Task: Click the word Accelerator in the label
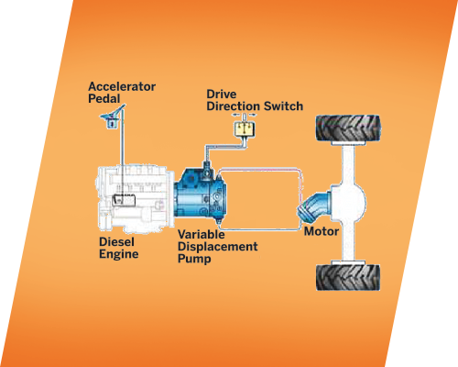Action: [x=122, y=86]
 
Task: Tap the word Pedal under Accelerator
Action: [x=104, y=99]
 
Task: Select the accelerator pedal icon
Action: [x=113, y=117]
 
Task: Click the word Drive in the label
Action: [x=222, y=94]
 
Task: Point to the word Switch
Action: [x=283, y=106]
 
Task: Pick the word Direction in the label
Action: [x=234, y=106]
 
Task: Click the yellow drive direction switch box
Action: [x=245, y=128]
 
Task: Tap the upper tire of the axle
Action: [x=348, y=128]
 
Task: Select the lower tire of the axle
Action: [x=348, y=277]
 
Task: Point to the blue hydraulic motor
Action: [x=314, y=206]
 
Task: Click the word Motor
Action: [x=322, y=231]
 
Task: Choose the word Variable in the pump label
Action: [x=202, y=235]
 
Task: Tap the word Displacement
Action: [x=218, y=247]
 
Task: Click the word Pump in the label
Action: [x=194, y=259]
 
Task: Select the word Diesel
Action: [x=116, y=242]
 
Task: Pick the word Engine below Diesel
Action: [x=119, y=254]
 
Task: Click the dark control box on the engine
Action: [x=125, y=200]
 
